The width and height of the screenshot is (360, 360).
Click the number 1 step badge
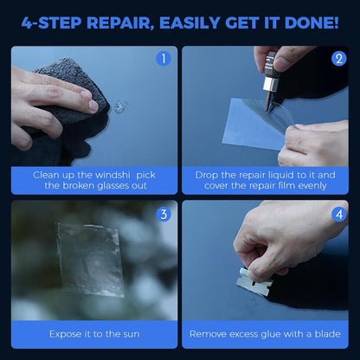(x=163, y=60)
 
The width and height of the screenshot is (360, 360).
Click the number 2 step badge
(x=337, y=60)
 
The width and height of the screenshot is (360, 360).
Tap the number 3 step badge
(x=163, y=214)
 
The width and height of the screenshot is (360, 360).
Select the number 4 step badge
(x=337, y=214)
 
